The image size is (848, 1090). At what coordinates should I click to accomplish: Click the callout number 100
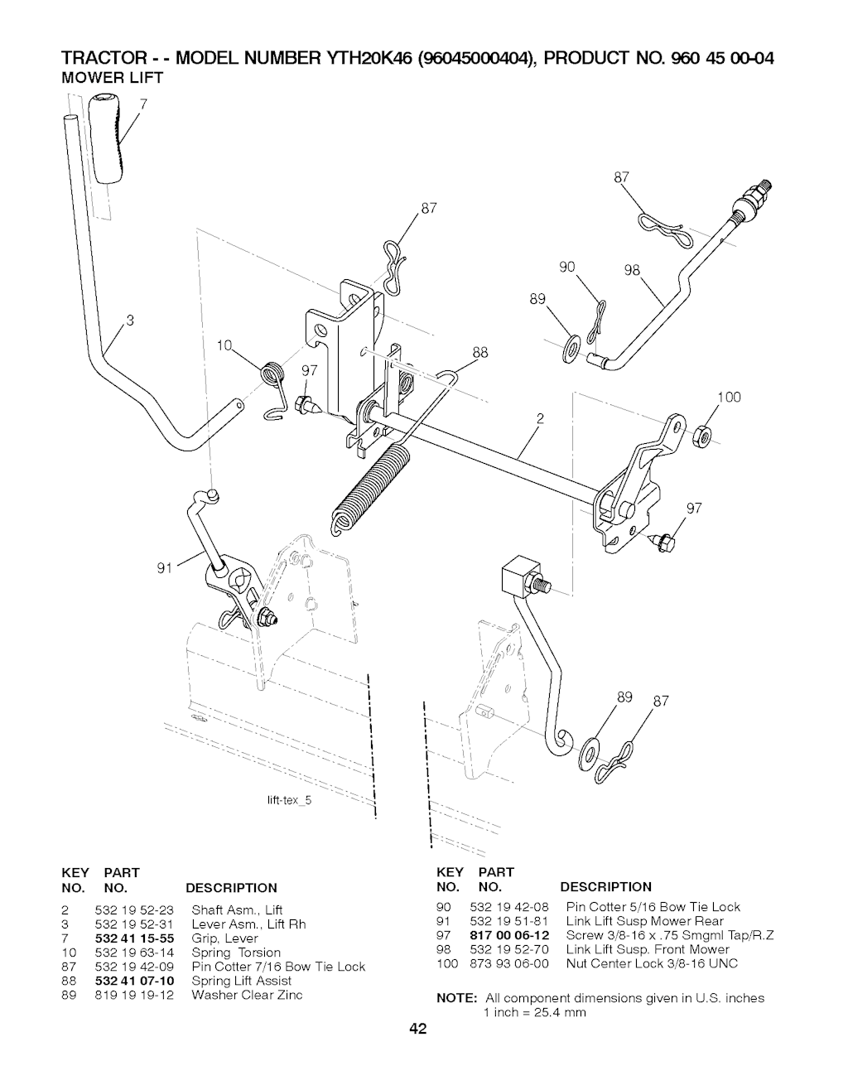pyautogui.click(x=728, y=398)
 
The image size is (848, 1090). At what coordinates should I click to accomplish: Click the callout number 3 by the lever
pyautogui.click(x=131, y=321)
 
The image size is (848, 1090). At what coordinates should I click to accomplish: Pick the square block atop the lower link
pyautogui.click(x=520, y=576)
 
